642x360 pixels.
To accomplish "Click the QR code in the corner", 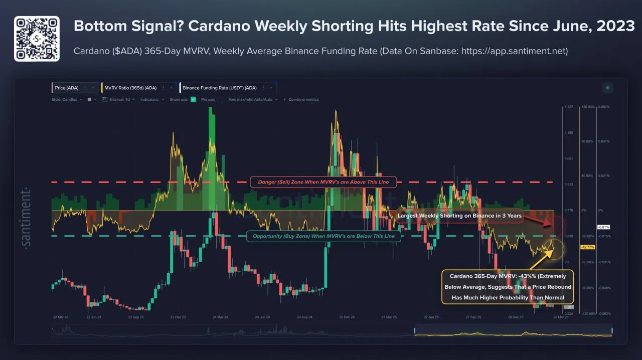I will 37,39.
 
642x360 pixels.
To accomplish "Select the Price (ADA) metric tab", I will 67,88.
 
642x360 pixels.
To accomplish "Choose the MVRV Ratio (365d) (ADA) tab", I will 130,88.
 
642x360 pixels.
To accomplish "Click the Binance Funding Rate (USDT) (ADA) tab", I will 219,88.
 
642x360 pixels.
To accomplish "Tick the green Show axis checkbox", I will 194,100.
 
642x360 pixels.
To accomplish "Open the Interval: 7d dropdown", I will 120,100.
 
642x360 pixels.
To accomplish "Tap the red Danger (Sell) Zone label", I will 323,182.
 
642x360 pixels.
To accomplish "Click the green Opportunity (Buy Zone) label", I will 324,236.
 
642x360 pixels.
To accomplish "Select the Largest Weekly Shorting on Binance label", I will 459,216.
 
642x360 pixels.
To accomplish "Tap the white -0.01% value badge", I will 603,227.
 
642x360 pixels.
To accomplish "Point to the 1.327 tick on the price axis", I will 568,107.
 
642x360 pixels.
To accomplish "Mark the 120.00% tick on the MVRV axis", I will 587,107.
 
